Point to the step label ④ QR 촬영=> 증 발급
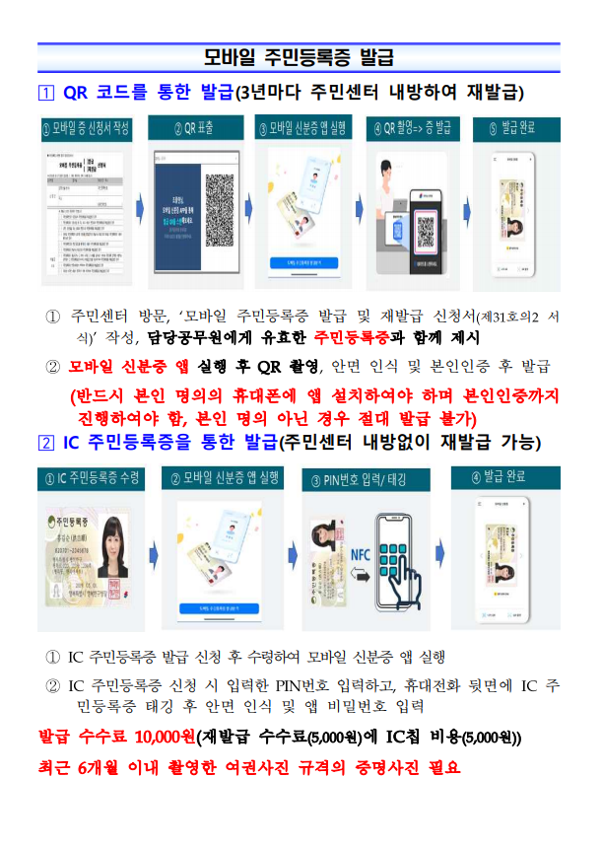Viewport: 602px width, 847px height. point(415,128)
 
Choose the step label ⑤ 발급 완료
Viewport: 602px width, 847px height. point(518,128)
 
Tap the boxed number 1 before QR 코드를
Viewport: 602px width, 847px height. point(44,93)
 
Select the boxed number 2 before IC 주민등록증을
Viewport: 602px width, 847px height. point(44,443)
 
